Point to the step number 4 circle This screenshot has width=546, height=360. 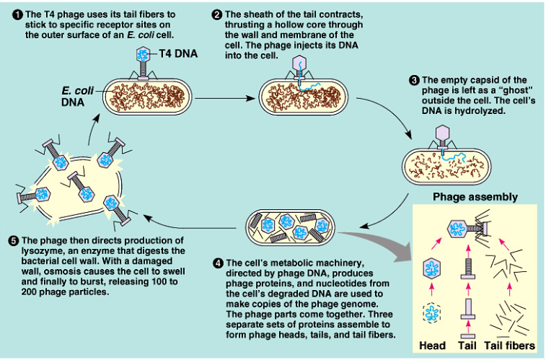pos(219,263)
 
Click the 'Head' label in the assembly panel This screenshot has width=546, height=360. pos(432,346)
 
